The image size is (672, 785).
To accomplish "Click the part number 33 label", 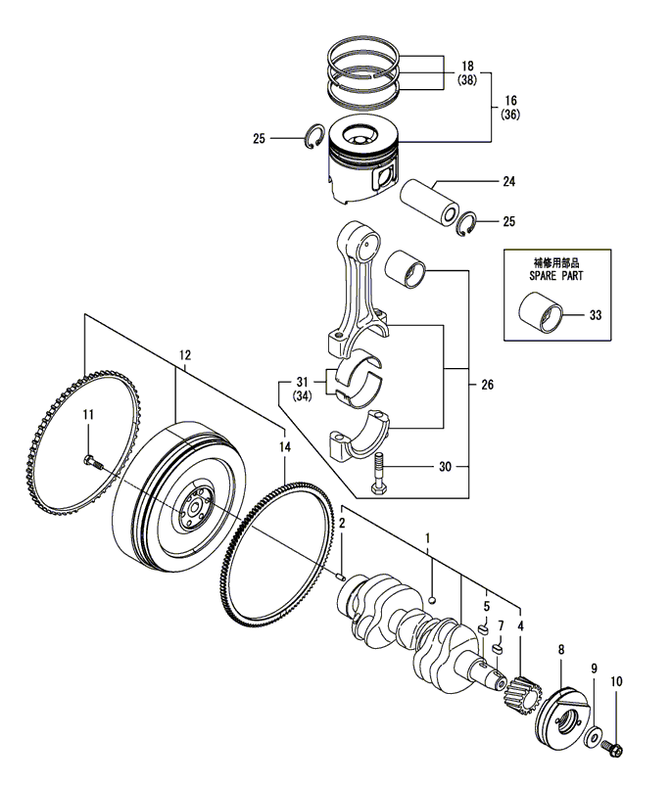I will [597, 316].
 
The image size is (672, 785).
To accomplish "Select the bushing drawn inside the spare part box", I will [541, 317].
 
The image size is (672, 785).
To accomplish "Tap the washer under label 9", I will [595, 733].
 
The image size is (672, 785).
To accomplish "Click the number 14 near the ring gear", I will [285, 447].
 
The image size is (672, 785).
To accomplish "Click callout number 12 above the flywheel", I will [184, 353].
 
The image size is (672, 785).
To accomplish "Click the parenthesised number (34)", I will [304, 395].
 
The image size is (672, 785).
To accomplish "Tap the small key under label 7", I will [498, 647].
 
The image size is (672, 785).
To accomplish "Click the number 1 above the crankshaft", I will [427, 539].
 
